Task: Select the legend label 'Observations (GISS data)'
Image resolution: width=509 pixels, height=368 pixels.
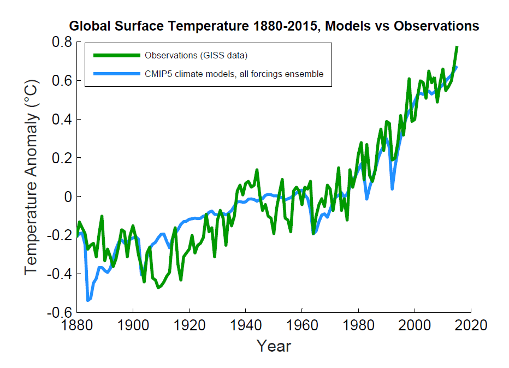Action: pyautogui.click(x=196, y=55)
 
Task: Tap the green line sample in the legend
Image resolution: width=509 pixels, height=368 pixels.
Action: pyautogui.click(x=116, y=55)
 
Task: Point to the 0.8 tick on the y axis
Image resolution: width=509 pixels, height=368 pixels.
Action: pyautogui.click(x=62, y=42)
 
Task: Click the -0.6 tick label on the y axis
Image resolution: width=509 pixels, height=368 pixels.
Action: pyautogui.click(x=59, y=312)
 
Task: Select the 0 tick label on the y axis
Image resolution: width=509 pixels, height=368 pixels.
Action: pyautogui.click(x=67, y=197)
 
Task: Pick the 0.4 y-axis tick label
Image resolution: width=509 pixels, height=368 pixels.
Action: pyautogui.click(x=62, y=120)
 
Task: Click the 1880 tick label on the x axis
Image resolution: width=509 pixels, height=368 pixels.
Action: pyautogui.click(x=76, y=325)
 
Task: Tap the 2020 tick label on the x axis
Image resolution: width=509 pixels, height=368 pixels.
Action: pyautogui.click(x=471, y=325)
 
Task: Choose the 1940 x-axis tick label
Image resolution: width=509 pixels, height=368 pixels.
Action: pyautogui.click(x=246, y=325)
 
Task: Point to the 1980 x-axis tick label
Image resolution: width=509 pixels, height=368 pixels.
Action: pyautogui.click(x=359, y=325)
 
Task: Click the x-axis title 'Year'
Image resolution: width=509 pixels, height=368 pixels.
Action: pyautogui.click(x=274, y=346)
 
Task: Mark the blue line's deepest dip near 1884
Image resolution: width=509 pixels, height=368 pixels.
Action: pyautogui.click(x=88, y=300)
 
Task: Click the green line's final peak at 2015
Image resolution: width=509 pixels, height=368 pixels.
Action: pyautogui.click(x=457, y=47)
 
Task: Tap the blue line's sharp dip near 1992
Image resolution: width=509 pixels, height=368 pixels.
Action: pyautogui.click(x=392, y=188)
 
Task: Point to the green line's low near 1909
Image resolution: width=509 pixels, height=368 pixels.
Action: pyautogui.click(x=158, y=287)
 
